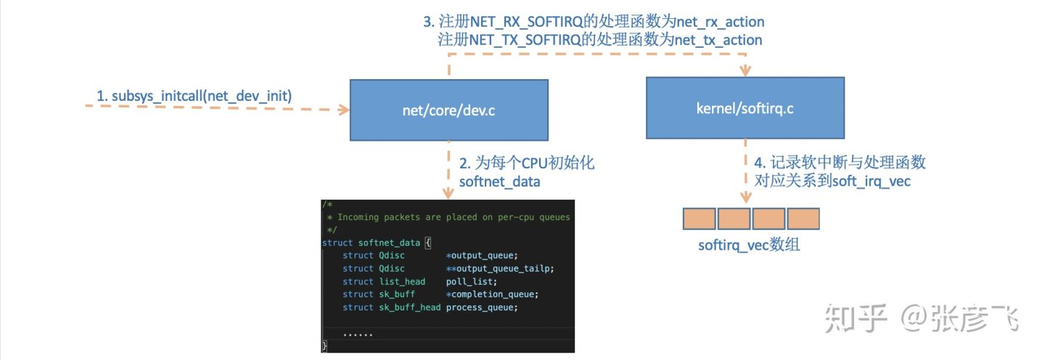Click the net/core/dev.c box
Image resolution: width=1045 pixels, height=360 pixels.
449,109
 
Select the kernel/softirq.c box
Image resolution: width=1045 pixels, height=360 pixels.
745,107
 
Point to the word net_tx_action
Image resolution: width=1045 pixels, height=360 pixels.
718,40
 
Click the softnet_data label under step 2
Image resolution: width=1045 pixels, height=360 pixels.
499,181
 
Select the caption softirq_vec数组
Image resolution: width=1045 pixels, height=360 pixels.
749,245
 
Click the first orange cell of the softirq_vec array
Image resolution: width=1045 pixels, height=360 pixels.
700,219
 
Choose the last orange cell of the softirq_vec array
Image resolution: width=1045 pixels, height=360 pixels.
803,219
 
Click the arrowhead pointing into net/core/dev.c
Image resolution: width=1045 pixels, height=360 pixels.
344,110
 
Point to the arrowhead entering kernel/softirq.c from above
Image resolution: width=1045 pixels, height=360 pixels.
745,71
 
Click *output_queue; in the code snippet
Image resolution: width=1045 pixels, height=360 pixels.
483,255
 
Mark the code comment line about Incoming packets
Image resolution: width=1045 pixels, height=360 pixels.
448,217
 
